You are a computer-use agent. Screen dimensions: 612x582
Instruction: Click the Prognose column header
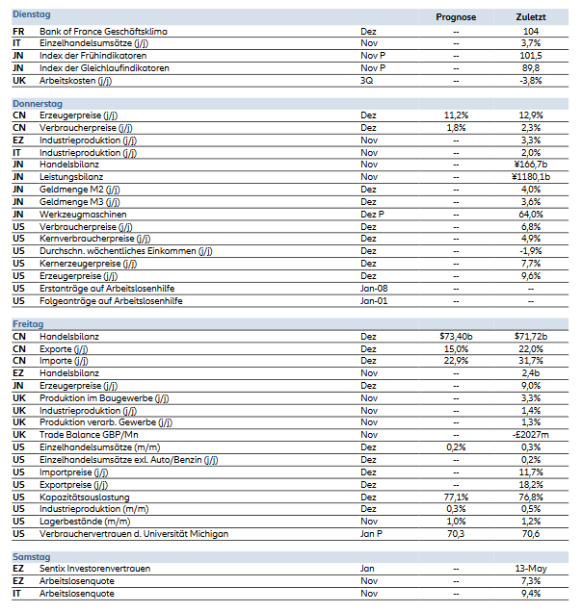point(455,17)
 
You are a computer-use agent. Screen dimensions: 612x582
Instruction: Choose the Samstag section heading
point(32,557)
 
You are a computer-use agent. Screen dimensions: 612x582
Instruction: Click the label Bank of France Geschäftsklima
point(103,32)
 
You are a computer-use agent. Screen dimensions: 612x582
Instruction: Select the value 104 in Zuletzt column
point(530,32)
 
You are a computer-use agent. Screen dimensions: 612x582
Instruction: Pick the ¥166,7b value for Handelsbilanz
point(530,165)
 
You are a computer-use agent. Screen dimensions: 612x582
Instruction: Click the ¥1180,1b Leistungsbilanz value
point(530,177)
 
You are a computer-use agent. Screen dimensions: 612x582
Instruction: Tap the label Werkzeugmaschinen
point(81,215)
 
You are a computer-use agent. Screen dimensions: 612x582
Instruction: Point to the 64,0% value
point(530,215)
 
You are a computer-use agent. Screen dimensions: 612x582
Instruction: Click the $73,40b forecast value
point(455,337)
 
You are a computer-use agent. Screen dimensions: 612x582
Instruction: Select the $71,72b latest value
point(530,337)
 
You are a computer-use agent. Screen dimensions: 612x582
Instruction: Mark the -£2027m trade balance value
point(530,435)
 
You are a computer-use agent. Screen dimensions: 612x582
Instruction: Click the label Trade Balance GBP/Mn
point(90,435)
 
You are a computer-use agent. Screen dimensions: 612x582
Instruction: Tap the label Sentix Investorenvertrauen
point(94,570)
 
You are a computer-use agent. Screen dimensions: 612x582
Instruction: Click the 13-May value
point(530,570)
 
